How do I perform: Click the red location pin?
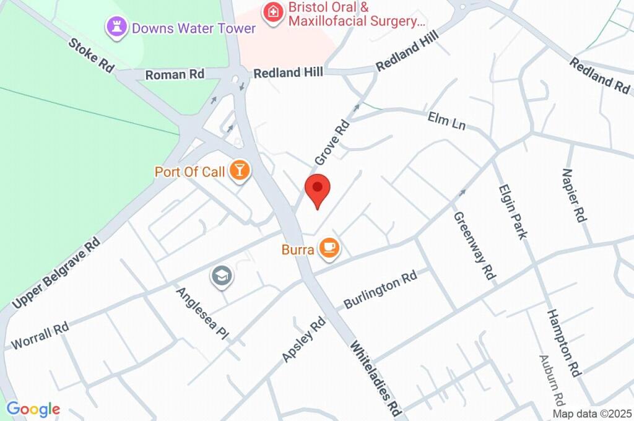(318, 189)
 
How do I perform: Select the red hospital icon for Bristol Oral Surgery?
(272, 12)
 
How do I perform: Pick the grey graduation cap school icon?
(221, 276)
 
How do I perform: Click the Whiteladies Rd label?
(376, 378)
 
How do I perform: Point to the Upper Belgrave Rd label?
(57, 273)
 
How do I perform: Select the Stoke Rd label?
(91, 54)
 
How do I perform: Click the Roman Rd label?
(175, 74)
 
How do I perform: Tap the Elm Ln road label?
(446, 120)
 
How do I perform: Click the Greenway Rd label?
(474, 245)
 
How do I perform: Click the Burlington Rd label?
(380, 290)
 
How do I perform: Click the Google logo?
(33, 409)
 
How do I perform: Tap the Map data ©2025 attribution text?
(592, 414)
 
